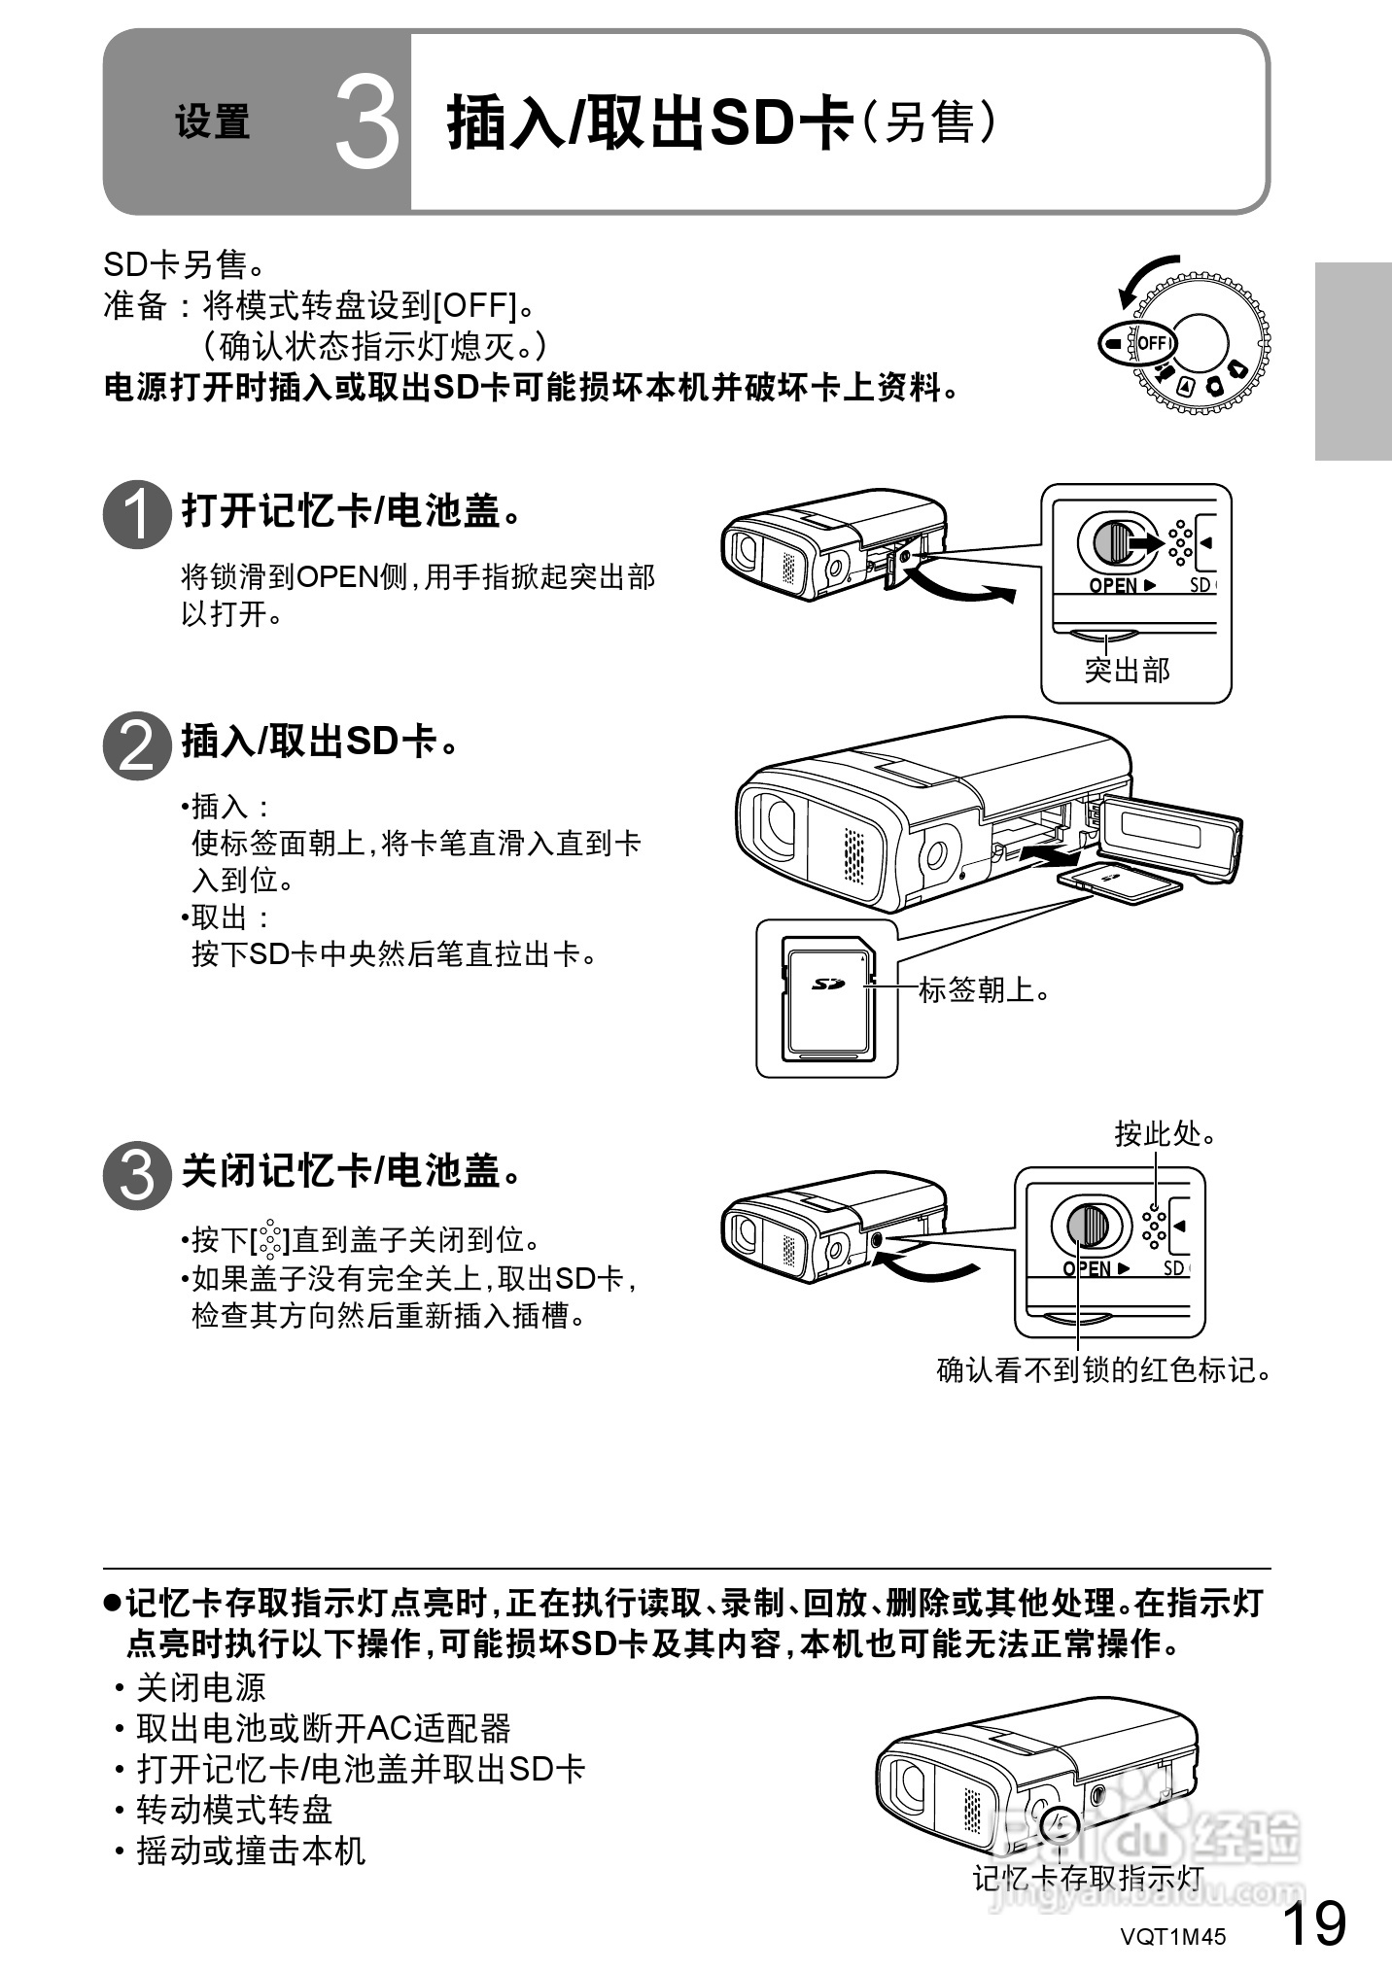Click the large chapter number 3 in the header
(x=366, y=124)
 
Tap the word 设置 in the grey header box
(x=212, y=123)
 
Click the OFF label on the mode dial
(x=1155, y=342)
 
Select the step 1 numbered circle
(x=137, y=515)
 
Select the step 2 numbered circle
(x=137, y=745)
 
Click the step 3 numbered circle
(x=137, y=1174)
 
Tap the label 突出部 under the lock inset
(x=1127, y=670)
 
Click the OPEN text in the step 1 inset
(x=1114, y=585)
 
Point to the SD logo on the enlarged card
(x=828, y=985)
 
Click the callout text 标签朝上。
(x=984, y=990)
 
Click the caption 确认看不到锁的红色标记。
(x=1103, y=1370)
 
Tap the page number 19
(x=1315, y=1923)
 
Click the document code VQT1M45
(x=1172, y=1936)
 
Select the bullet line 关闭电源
(x=200, y=1687)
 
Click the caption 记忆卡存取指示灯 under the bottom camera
(x=1088, y=1878)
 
